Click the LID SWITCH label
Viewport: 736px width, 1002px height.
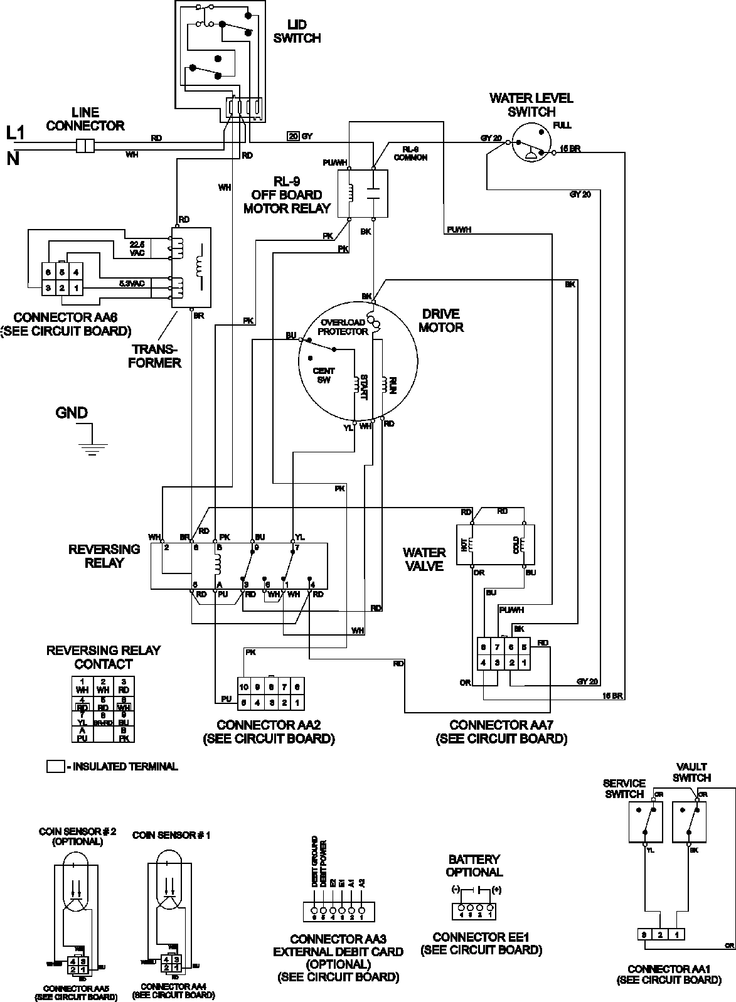pyautogui.click(x=304, y=32)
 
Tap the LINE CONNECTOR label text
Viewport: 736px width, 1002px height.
pyautogui.click(x=85, y=119)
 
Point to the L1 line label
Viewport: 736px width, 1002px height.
pyautogui.click(x=15, y=132)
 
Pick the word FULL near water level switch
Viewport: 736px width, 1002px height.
pyautogui.click(x=563, y=125)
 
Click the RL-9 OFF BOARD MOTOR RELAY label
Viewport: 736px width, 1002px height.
pyautogui.click(x=287, y=195)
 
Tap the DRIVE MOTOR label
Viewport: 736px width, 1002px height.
pyautogui.click(x=441, y=320)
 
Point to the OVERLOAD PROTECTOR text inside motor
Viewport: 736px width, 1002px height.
pyautogui.click(x=343, y=327)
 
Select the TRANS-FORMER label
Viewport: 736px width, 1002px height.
pyautogui.click(x=154, y=356)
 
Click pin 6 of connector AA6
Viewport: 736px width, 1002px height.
pyautogui.click(x=48, y=272)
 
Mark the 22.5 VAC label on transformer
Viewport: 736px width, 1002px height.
pyautogui.click(x=137, y=247)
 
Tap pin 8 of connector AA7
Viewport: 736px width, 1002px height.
pyautogui.click(x=484, y=647)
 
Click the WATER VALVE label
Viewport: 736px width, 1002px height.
pyautogui.click(x=424, y=559)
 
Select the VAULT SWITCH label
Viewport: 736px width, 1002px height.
pyautogui.click(x=691, y=772)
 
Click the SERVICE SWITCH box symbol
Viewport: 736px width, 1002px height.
pyautogui.click(x=645, y=822)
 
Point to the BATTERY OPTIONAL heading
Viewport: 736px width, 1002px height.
pyautogui.click(x=474, y=865)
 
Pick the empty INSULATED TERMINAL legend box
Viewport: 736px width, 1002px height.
pyautogui.click(x=55, y=766)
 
